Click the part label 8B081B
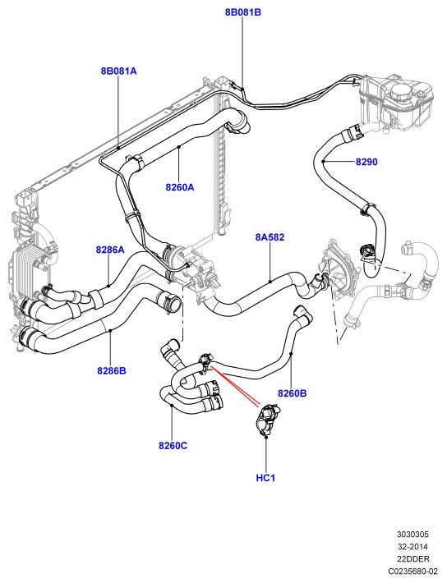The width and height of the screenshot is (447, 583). click(243, 12)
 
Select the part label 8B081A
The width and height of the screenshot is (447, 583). click(118, 71)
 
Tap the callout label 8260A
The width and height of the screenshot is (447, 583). click(180, 187)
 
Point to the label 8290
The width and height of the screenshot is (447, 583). click(366, 162)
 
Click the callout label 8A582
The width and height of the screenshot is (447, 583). click(270, 236)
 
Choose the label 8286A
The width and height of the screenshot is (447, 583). click(110, 250)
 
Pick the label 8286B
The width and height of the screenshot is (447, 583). click(112, 370)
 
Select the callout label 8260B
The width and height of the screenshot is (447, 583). click(293, 393)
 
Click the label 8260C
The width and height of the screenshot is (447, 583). click(173, 445)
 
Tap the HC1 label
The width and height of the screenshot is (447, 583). click(265, 478)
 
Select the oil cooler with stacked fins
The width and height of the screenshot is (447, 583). click(29, 269)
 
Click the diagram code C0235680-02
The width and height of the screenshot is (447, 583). click(412, 571)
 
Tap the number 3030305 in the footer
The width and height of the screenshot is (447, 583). click(412, 535)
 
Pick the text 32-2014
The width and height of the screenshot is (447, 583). click(412, 547)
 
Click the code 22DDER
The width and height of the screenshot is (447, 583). click(412, 558)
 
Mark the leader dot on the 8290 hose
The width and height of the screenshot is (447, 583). click(324, 162)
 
